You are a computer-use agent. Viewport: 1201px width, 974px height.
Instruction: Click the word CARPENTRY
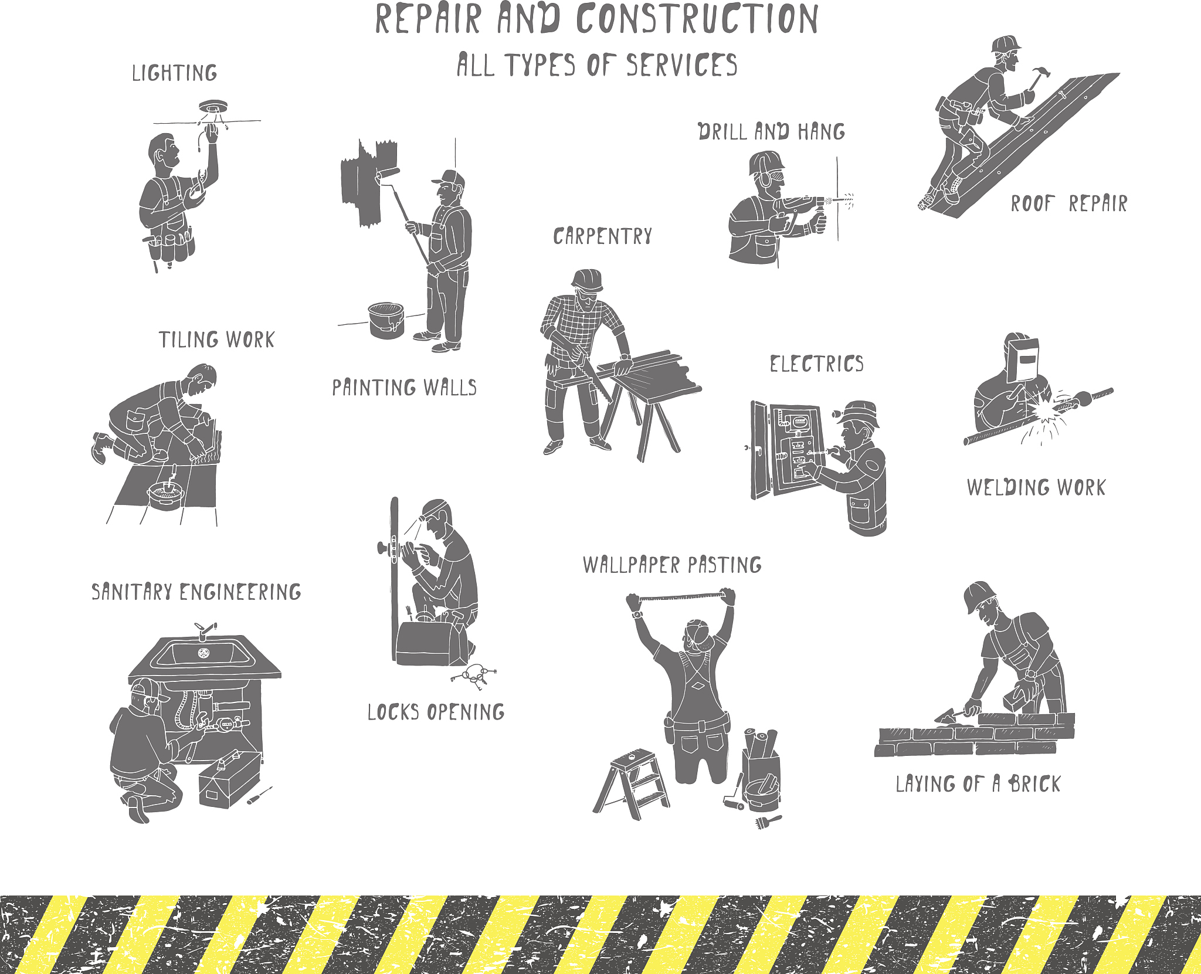point(602,236)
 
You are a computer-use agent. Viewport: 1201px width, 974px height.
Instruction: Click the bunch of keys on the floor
point(474,676)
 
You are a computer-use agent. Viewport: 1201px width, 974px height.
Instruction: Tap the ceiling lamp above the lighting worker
point(212,108)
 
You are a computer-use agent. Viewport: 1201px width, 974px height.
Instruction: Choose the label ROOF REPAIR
point(1068,203)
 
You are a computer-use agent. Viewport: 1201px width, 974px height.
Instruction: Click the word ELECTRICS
point(816,364)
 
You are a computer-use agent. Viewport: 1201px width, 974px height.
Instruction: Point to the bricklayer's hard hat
point(978,596)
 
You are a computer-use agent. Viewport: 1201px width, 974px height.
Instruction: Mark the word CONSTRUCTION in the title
point(697,19)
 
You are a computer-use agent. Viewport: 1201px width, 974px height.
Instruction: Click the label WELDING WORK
point(1036,487)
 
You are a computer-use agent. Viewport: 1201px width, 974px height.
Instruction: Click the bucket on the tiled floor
point(165,494)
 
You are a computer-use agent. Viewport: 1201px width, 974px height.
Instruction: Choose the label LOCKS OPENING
point(436,712)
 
